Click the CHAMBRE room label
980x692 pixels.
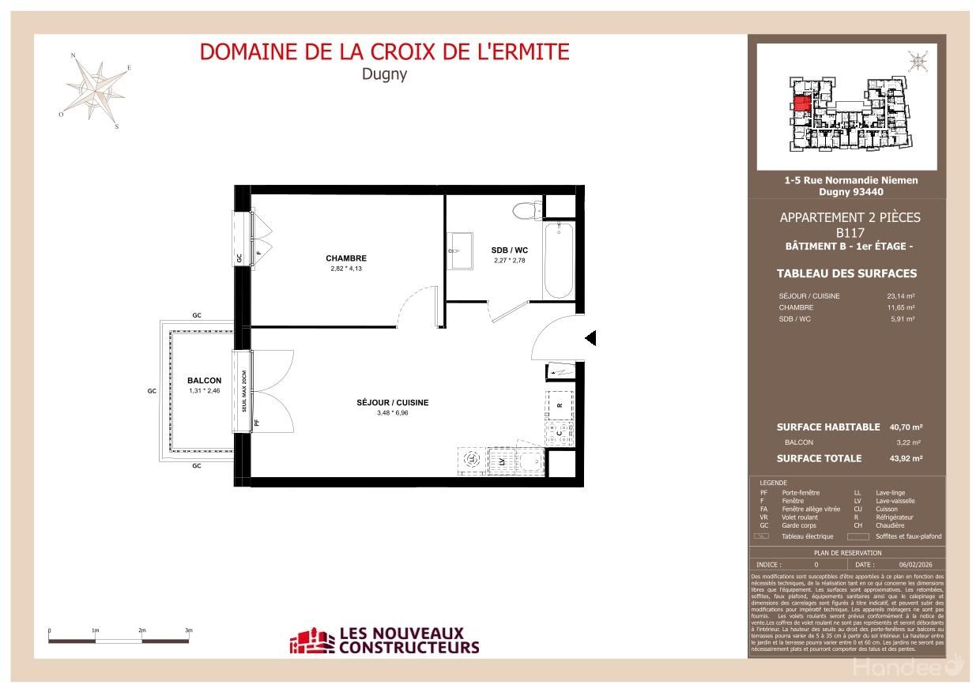click(345, 258)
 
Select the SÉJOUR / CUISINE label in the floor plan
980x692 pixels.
click(392, 403)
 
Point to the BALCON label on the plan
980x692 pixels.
click(204, 381)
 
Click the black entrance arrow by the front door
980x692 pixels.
click(590, 339)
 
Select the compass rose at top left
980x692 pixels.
click(96, 88)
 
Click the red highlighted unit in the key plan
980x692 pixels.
click(800, 103)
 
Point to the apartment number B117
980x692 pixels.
click(850, 233)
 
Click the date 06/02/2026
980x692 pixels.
click(914, 565)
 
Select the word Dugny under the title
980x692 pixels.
click(383, 75)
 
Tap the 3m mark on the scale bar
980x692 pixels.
click(189, 631)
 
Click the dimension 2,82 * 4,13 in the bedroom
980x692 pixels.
click(345, 269)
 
